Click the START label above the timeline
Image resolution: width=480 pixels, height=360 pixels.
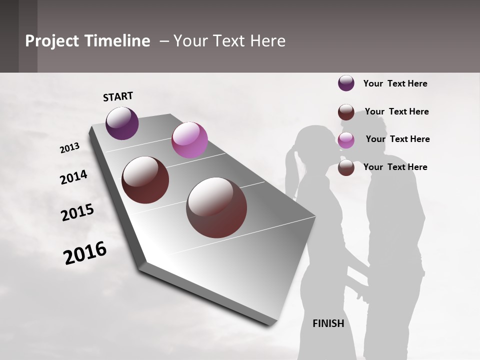pyautogui.click(x=118, y=96)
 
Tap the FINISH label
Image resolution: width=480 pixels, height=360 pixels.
pyautogui.click(x=328, y=323)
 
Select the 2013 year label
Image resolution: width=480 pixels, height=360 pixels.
pyautogui.click(x=69, y=148)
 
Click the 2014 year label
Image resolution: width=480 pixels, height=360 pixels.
pyautogui.click(x=73, y=177)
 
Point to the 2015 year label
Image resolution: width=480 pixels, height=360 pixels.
pyautogui.click(x=77, y=212)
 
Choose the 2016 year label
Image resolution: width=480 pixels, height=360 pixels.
pyautogui.click(x=85, y=253)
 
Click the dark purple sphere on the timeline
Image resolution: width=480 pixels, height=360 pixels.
pyautogui.click(x=122, y=123)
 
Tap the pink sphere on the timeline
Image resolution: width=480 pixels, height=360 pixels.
pyautogui.click(x=189, y=140)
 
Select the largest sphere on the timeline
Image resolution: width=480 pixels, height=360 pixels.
pyautogui.click(x=216, y=207)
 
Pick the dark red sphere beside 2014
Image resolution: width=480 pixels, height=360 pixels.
pyautogui.click(x=145, y=180)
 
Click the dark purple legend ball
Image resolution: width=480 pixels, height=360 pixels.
pyautogui.click(x=346, y=83)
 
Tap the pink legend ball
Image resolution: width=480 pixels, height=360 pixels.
pyautogui.click(x=346, y=140)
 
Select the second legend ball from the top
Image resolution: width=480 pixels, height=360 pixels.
pyautogui.click(x=346, y=112)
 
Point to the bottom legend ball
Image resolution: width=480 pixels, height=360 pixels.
pyautogui.click(x=346, y=168)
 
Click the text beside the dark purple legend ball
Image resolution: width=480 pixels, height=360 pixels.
pyautogui.click(x=395, y=83)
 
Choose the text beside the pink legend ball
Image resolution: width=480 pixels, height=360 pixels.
pyautogui.click(x=397, y=139)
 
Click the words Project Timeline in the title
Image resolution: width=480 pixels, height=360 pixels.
pyautogui.click(x=87, y=41)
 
